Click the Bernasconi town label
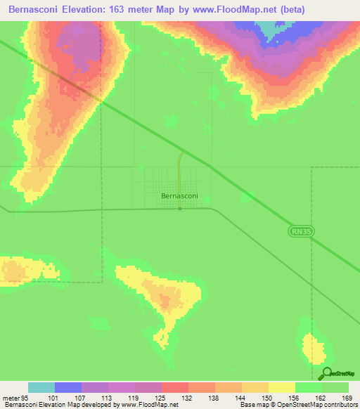[x=179, y=196]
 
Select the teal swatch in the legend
[x=41, y=387]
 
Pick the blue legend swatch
[x=68, y=387]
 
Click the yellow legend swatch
[x=282, y=387]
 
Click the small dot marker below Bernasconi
[x=180, y=208]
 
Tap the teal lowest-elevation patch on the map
[x=270, y=28]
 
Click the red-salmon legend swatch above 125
[x=175, y=387]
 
